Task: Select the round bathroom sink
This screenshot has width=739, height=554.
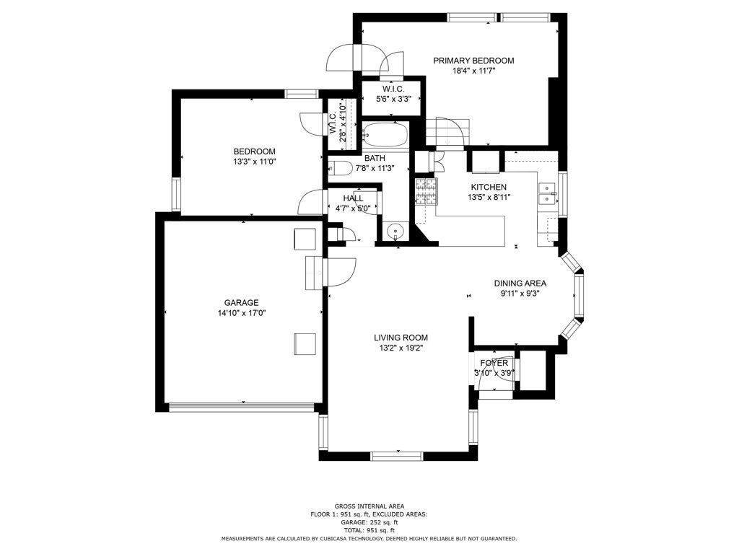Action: pyautogui.click(x=395, y=232)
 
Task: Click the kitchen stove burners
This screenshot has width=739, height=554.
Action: pyautogui.click(x=426, y=192)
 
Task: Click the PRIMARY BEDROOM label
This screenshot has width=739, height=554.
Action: pyautogui.click(x=473, y=61)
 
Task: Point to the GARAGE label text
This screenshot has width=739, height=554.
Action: pyautogui.click(x=241, y=303)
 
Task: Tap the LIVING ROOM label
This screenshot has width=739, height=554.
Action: pyautogui.click(x=401, y=338)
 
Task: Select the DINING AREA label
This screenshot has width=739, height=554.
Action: pyautogui.click(x=520, y=283)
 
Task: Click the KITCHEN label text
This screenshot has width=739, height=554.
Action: pyautogui.click(x=487, y=187)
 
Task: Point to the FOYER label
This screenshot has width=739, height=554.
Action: pyautogui.click(x=494, y=363)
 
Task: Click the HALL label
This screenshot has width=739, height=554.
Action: pyautogui.click(x=353, y=198)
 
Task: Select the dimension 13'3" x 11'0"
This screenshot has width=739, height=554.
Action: pyautogui.click(x=254, y=162)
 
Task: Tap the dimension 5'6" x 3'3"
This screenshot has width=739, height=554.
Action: pyautogui.click(x=392, y=100)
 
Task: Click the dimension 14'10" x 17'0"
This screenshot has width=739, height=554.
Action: pyautogui.click(x=241, y=313)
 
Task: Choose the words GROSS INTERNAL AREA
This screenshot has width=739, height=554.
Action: pyautogui.click(x=369, y=506)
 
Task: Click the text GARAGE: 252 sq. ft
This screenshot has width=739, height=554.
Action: pyautogui.click(x=369, y=522)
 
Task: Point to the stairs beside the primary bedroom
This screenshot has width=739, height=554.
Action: pyautogui.click(x=446, y=133)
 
